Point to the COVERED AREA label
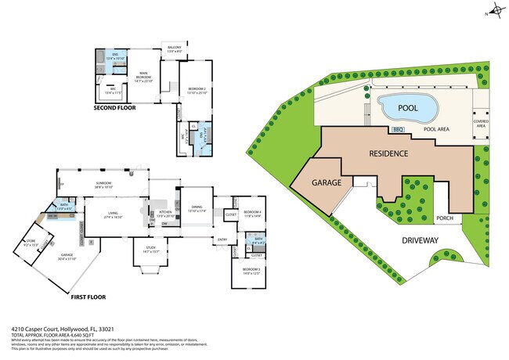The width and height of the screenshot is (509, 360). point(481,124)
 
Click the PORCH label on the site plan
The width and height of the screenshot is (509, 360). point(446,218)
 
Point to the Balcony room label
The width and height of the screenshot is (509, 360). point(174,49)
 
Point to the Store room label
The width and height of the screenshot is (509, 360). point(31,243)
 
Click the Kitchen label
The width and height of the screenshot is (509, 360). point(166,213)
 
